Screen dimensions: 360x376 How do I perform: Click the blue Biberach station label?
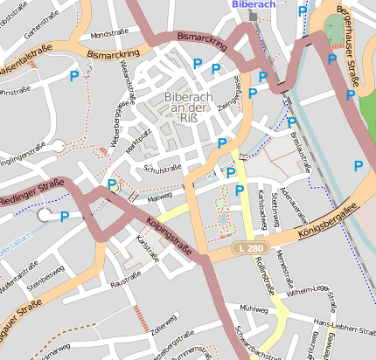click(x=254, y=4)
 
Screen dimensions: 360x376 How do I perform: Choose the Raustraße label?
click(x=127, y=281)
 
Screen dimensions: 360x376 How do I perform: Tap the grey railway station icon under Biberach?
click(x=254, y=16)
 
